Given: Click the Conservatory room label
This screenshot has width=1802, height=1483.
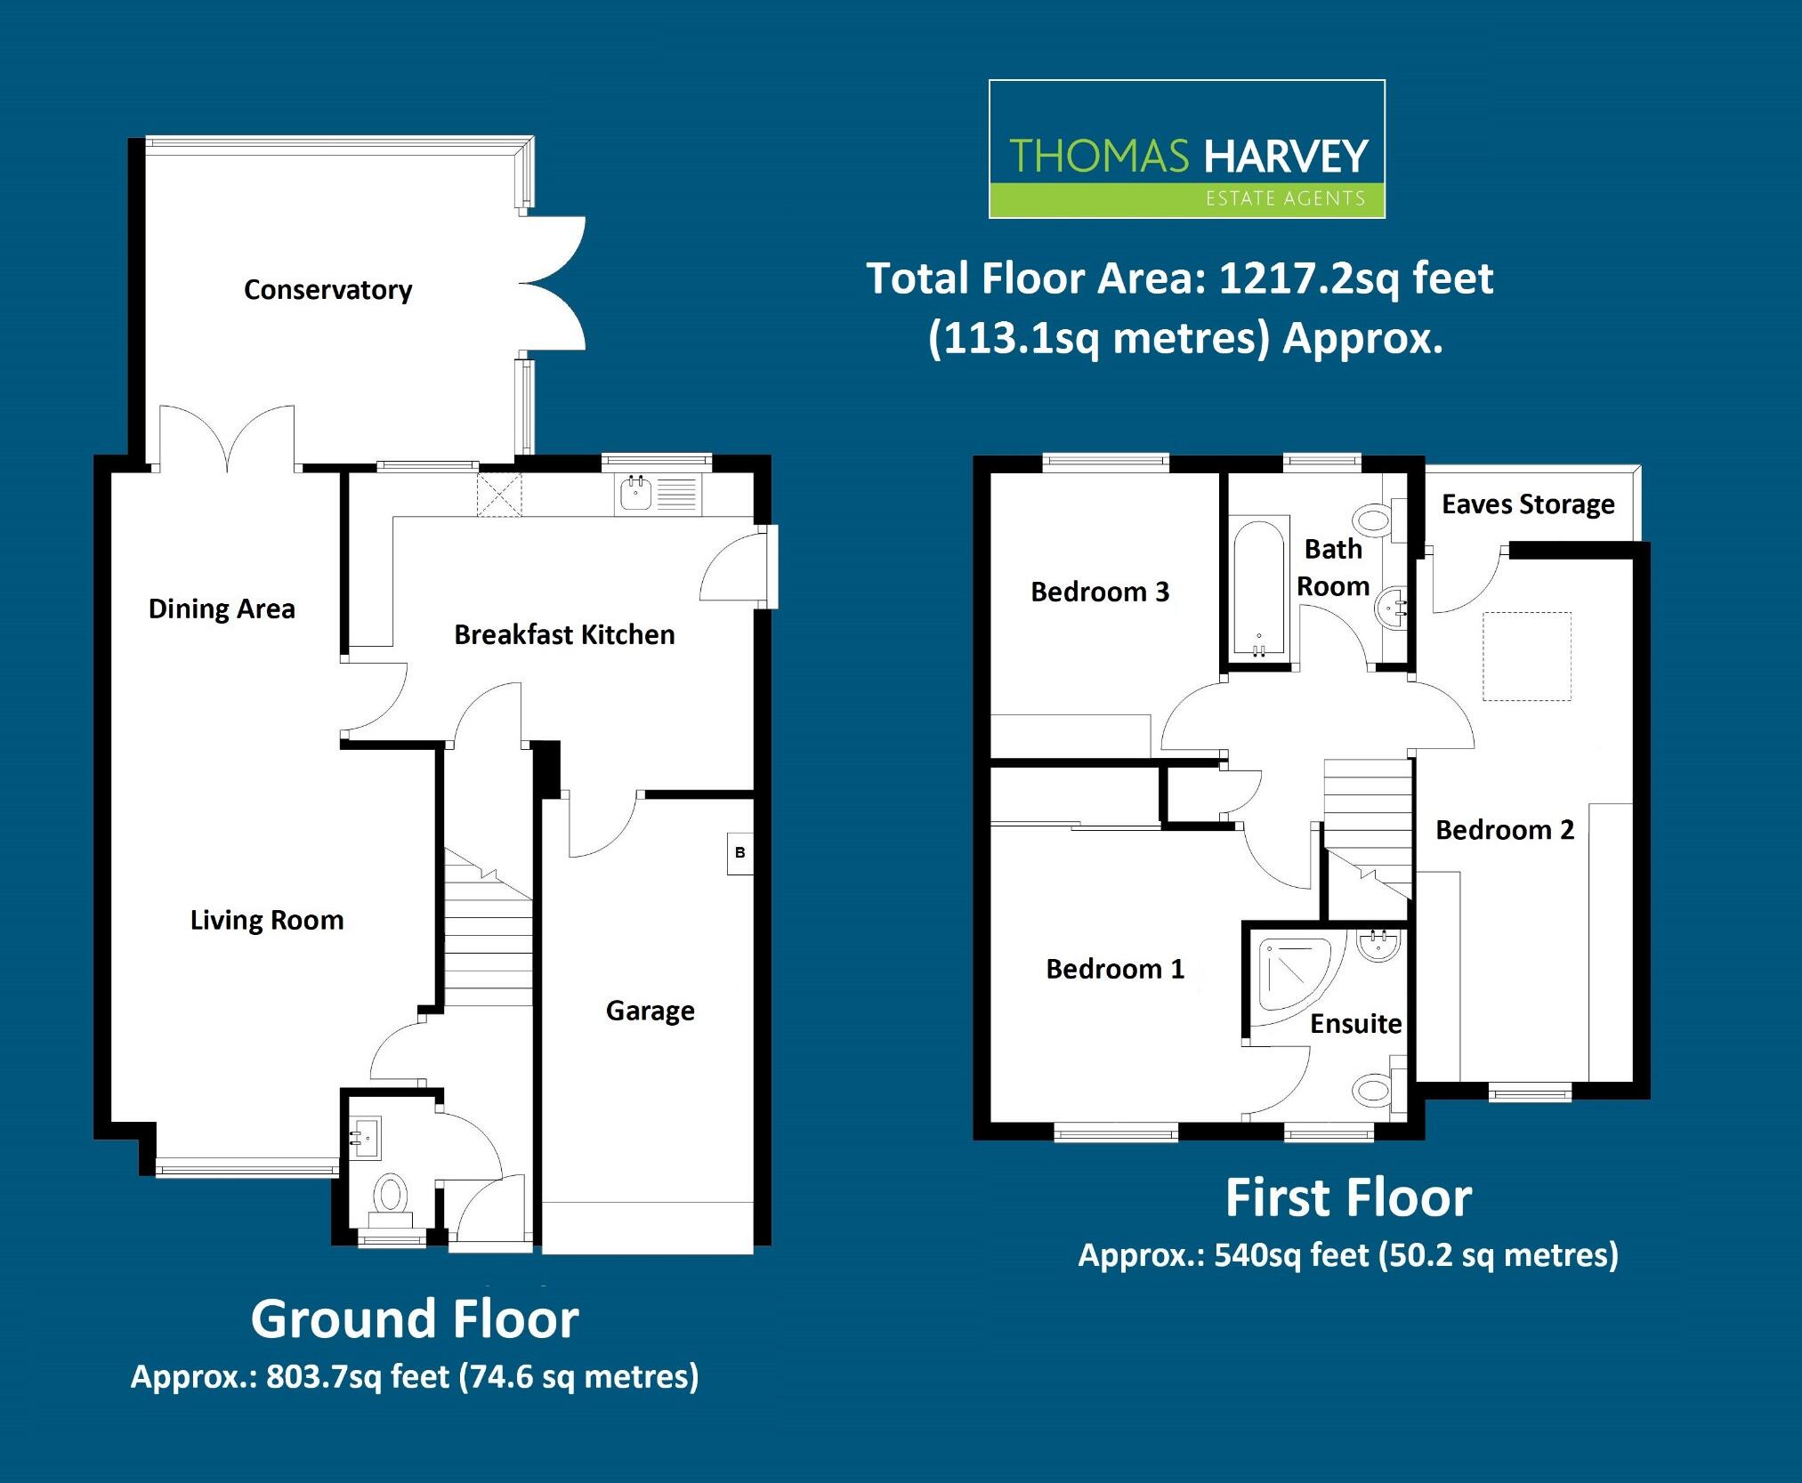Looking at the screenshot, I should (x=327, y=290).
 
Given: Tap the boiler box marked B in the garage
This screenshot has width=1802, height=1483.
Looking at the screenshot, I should (x=739, y=853).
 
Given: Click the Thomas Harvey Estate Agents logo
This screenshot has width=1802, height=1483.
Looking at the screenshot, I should (x=1186, y=149).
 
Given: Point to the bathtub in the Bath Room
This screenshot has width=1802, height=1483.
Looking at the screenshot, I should (x=1258, y=587).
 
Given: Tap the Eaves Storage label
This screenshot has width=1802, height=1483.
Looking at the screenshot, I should (x=1527, y=504).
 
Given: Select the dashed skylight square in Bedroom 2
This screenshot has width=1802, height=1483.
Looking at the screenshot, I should (x=1526, y=656).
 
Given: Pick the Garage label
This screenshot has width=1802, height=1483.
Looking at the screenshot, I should (x=650, y=1011).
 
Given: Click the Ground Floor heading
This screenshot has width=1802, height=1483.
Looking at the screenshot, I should (x=415, y=1318).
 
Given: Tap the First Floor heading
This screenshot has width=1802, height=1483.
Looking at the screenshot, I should (x=1347, y=1197).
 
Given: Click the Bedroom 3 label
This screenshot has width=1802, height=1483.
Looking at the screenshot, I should (x=1099, y=592).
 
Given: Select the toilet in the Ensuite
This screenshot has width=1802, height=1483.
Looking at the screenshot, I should (x=1374, y=1090).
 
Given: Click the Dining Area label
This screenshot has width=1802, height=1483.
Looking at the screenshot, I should (x=222, y=609).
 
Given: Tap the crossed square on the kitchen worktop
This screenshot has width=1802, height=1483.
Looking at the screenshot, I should (x=499, y=495).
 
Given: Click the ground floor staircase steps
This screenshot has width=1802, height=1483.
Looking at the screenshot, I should (x=488, y=943).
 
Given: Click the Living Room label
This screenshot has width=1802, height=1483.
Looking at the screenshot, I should (x=267, y=920).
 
